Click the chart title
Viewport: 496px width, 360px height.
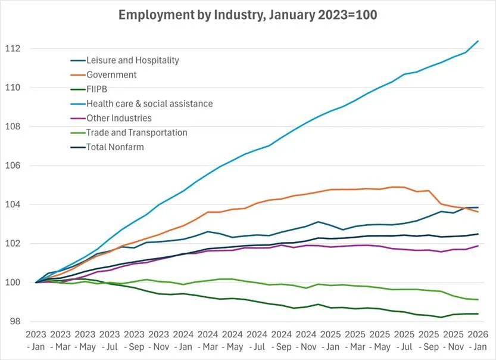pyautogui.click(x=248, y=15)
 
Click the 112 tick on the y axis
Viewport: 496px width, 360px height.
pyautogui.click(x=13, y=48)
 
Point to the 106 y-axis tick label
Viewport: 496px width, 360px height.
pyautogui.click(x=13, y=165)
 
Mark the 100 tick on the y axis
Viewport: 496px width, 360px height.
pyautogui.click(x=13, y=283)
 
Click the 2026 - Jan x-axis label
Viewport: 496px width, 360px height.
pyautogui.click(x=478, y=341)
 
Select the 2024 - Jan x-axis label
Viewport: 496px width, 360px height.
pyautogui.click(x=183, y=341)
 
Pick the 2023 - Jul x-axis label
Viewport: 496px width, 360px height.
pyautogui.click(x=110, y=341)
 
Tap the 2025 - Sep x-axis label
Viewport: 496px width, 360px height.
pyautogui.click(x=429, y=341)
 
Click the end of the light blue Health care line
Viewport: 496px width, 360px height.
pyautogui.click(x=478, y=41)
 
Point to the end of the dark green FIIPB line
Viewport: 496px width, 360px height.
pyautogui.click(x=478, y=314)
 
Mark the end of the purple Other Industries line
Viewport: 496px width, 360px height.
pyautogui.click(x=478, y=246)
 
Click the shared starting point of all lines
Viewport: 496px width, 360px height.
pyautogui.click(x=36, y=283)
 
